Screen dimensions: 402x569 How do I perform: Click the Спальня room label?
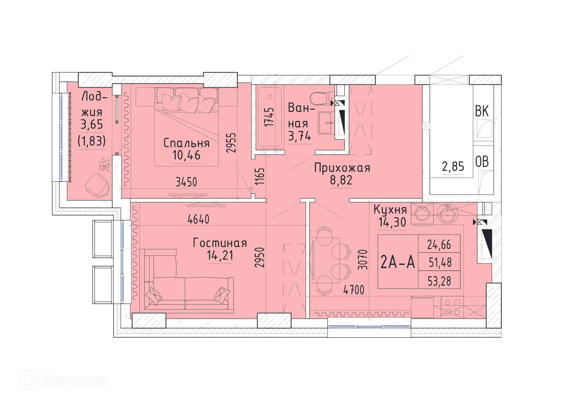click(186, 143)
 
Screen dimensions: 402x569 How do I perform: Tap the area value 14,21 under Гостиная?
click(220, 255)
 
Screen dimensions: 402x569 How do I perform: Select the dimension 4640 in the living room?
click(198, 219)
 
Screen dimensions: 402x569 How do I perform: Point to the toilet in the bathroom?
click(321, 98)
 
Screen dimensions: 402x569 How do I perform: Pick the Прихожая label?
click(342, 168)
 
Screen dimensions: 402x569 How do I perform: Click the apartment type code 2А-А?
click(397, 262)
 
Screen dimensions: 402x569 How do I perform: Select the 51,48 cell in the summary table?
click(440, 262)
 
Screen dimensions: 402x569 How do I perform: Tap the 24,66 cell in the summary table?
click(439, 244)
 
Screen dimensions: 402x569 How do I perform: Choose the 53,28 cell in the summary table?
click(439, 281)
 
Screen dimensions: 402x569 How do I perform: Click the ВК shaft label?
click(482, 111)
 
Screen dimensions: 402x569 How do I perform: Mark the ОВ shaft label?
click(482, 162)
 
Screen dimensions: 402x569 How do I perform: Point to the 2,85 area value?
click(453, 167)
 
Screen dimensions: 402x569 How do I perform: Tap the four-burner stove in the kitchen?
click(452, 307)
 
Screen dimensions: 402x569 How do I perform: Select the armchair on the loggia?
click(97, 185)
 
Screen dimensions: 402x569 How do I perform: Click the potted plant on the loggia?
click(104, 165)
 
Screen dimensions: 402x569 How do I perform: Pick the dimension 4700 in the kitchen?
click(354, 290)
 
